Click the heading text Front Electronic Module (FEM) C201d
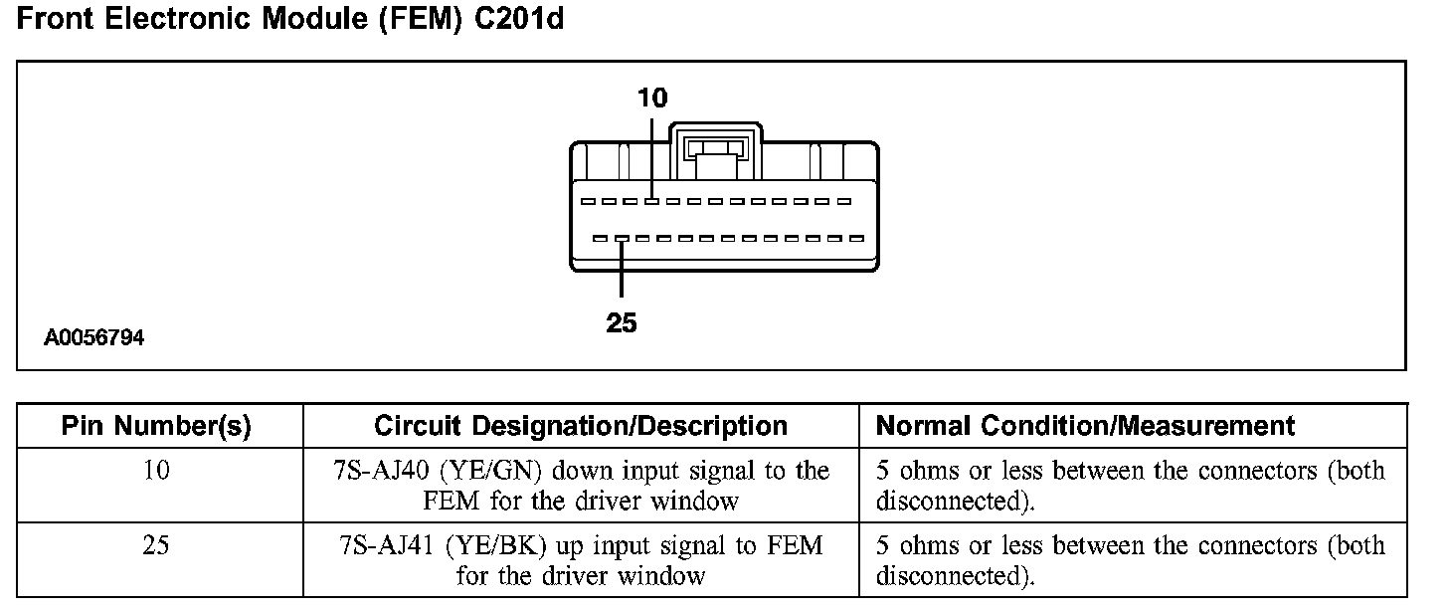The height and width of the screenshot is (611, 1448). pyautogui.click(x=290, y=19)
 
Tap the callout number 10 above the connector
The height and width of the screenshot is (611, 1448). pyautogui.click(x=652, y=98)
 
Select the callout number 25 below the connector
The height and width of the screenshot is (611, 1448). pyautogui.click(x=621, y=322)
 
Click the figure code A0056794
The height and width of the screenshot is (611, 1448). pyautogui.click(x=93, y=338)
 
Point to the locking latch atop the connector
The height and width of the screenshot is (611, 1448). pyautogui.click(x=717, y=147)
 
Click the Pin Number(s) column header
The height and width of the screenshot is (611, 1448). pyautogui.click(x=156, y=427)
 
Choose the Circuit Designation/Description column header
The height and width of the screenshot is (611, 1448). pyautogui.click(x=581, y=427)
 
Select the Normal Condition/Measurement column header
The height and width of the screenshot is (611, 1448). pyautogui.click(x=1085, y=427)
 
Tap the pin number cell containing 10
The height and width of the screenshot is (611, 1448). pyautogui.click(x=156, y=471)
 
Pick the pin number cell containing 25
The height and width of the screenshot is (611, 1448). pyautogui.click(x=156, y=546)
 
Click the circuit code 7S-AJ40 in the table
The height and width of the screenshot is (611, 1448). pyautogui.click(x=381, y=471)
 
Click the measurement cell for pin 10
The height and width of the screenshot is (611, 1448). pyautogui.click(x=1130, y=486)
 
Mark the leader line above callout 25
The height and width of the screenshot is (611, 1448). pyautogui.click(x=622, y=269)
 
